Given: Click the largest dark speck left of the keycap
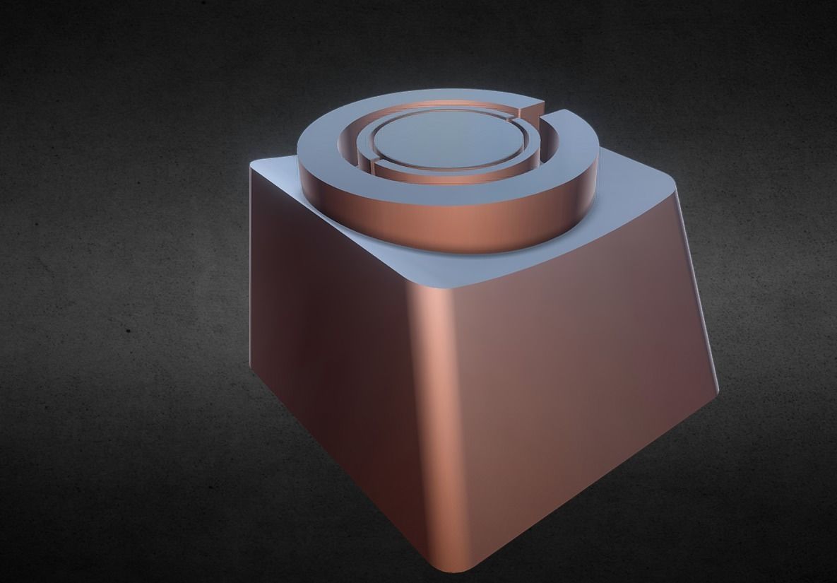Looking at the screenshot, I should pos(128,330).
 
